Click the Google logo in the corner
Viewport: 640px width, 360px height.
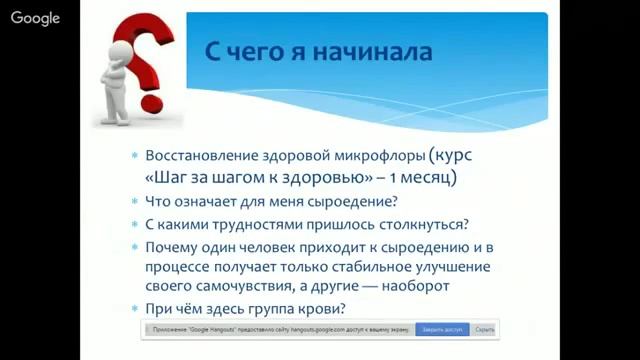click(36, 18)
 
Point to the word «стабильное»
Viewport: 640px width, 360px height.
click(397, 266)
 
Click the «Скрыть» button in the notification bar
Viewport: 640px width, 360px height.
click(484, 328)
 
